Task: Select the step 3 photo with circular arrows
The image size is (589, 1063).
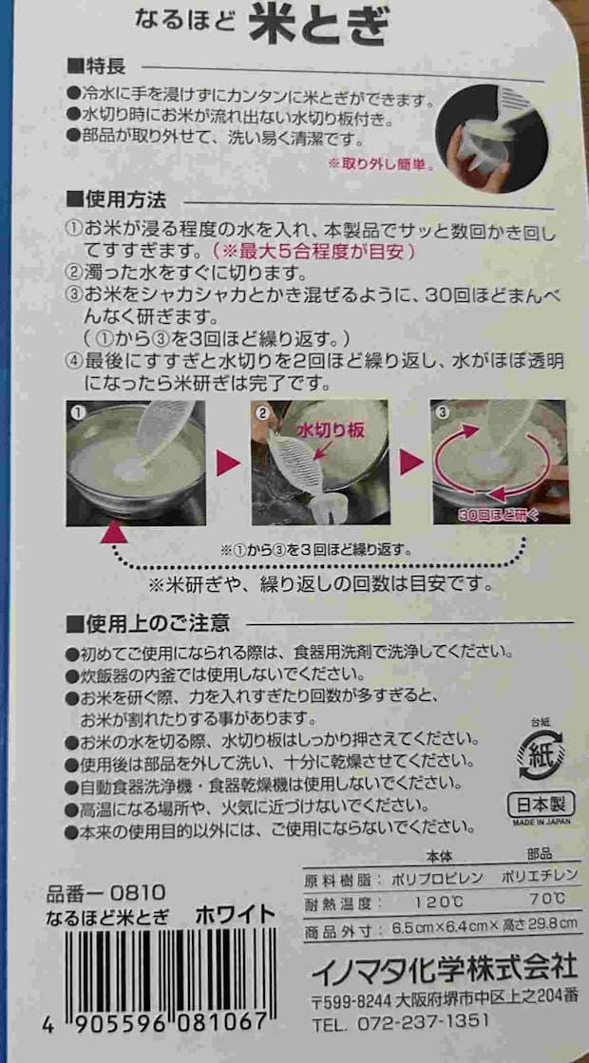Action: [x=499, y=462]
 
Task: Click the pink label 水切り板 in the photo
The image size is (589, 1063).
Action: [x=330, y=430]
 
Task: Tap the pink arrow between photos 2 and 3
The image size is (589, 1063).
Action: [x=410, y=464]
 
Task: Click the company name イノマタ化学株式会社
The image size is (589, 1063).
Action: [x=444, y=968]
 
